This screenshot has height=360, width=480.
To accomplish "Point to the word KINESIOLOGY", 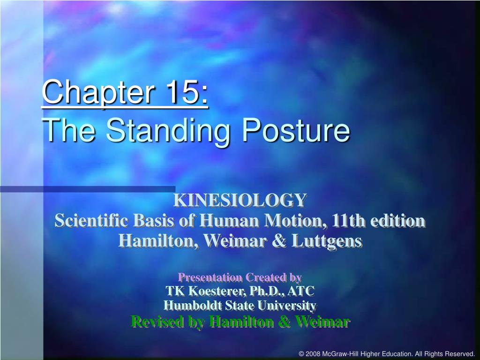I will pos(240,200).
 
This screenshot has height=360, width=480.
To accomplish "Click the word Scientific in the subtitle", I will pos(92,220).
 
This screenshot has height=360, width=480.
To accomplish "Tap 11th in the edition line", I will pos(350,220).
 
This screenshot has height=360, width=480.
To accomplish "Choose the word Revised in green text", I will pos(154,322).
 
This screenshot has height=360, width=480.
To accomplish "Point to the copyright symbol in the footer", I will pos(301,353).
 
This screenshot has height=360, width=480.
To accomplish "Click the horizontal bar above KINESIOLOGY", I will pos(89,189).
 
